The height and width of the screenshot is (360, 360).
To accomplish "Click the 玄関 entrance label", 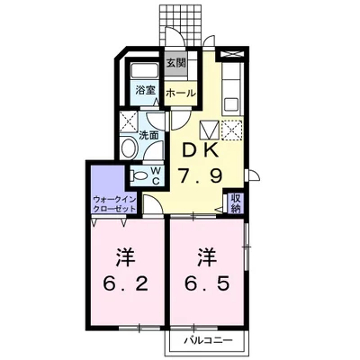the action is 176,63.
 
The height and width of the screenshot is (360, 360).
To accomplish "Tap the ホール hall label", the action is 181,94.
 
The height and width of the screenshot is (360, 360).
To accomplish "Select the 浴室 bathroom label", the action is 145,90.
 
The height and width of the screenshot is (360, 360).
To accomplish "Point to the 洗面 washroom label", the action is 148,135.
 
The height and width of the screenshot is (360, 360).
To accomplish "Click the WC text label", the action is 156,176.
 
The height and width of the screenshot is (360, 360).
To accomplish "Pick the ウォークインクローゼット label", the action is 114,204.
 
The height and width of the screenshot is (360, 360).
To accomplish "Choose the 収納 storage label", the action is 236,203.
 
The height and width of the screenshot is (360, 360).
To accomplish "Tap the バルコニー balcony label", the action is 208,340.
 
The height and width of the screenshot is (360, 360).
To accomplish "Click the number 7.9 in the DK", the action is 201,176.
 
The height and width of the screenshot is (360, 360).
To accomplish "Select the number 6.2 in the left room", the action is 126,283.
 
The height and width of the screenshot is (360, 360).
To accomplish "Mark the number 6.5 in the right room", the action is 207,283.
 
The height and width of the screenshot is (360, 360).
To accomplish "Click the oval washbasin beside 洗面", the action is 129,148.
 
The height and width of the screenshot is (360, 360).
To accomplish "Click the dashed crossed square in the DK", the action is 231,130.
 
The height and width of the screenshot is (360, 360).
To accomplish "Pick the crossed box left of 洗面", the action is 129,121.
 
